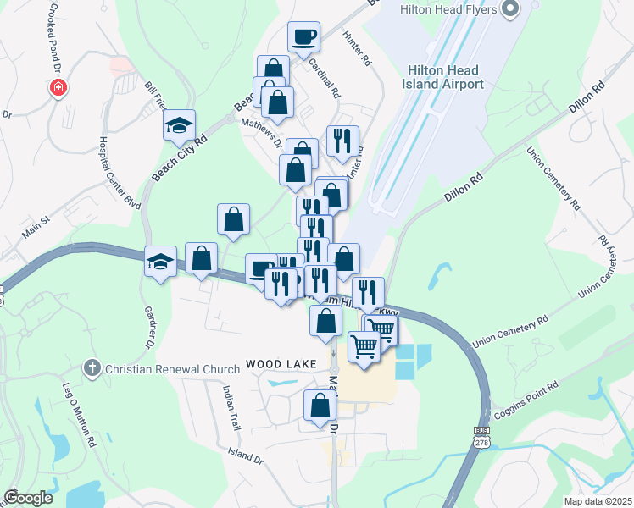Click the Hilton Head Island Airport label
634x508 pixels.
446,77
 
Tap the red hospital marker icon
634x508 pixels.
58,87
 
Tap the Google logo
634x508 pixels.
28,498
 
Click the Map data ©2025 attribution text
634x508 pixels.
598,501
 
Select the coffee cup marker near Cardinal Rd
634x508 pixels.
303,37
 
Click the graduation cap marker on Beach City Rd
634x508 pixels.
179,126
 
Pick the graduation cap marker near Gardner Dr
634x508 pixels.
160,262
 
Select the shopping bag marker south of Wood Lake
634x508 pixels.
319,406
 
